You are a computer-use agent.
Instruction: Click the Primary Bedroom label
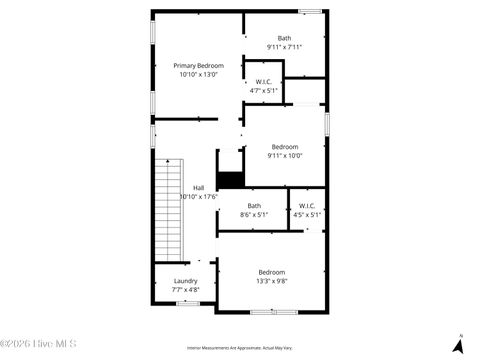click(x=198, y=65)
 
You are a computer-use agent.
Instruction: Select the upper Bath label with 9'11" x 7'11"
click(x=284, y=38)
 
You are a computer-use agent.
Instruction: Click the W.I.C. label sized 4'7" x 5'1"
click(x=264, y=82)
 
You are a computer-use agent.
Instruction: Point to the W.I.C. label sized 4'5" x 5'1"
click(x=306, y=206)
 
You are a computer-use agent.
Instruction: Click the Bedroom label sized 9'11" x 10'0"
click(x=284, y=147)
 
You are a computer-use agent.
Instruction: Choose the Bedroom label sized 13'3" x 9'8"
click(x=271, y=272)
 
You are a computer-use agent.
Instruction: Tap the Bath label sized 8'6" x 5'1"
click(x=254, y=206)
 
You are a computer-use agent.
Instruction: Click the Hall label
click(x=198, y=188)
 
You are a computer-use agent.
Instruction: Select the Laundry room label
click(x=185, y=281)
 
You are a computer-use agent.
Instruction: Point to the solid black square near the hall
click(x=230, y=179)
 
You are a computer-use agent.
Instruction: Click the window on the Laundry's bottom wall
click(x=187, y=303)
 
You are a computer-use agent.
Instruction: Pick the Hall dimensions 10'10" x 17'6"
click(x=198, y=197)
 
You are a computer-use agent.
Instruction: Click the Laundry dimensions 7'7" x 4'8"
click(x=185, y=290)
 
